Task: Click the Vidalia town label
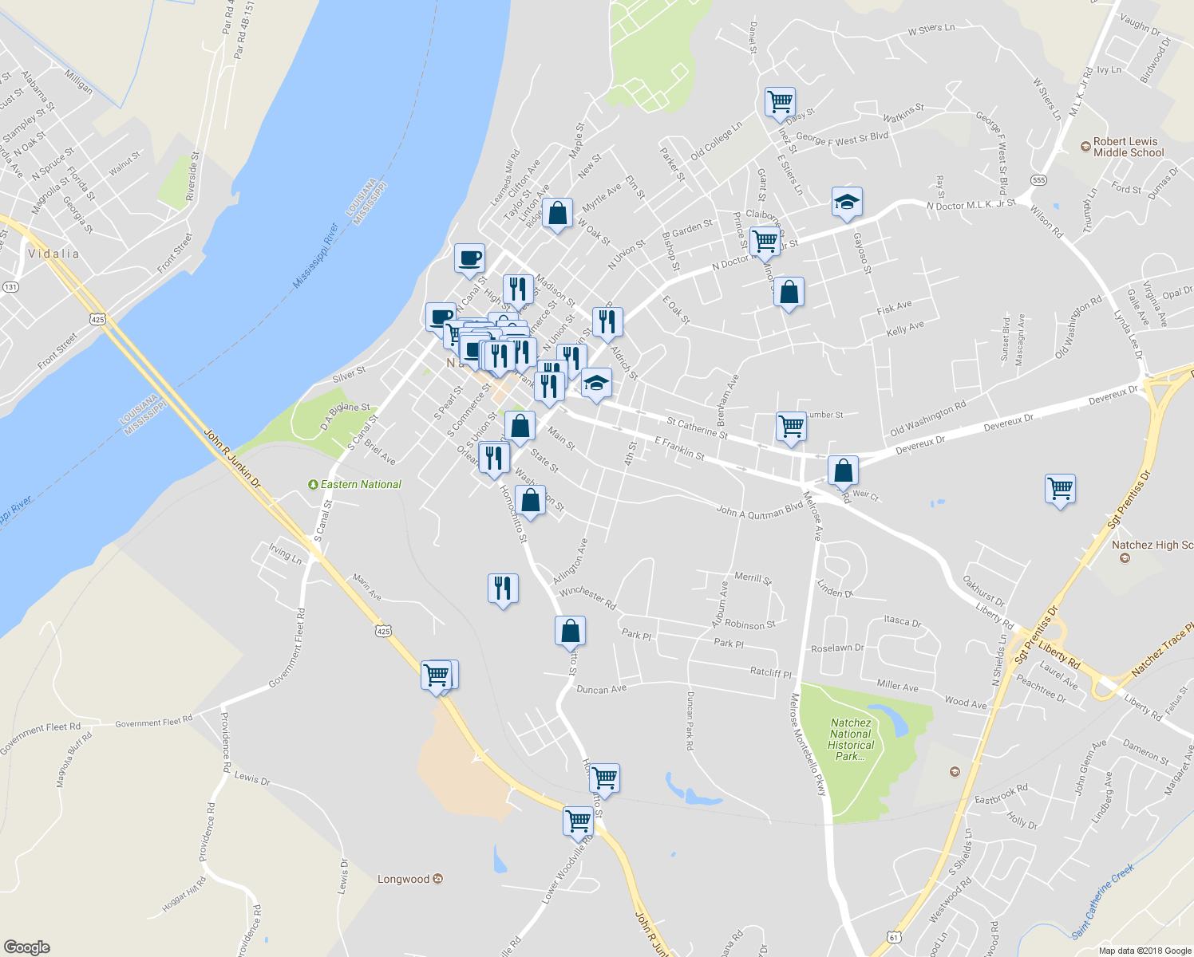point(53,254)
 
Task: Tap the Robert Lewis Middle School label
point(1128,147)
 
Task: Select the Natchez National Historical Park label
point(851,739)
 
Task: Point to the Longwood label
point(403,879)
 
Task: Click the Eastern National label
point(361,484)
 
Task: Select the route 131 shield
point(10,286)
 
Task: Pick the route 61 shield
point(893,938)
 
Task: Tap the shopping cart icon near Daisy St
point(780,102)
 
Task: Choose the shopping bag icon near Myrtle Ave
point(557,213)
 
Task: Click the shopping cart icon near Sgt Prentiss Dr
point(1060,488)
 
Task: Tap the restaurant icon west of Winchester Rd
point(503,589)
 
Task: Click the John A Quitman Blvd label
point(759,511)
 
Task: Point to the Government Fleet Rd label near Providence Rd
point(153,722)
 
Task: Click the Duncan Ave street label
point(601,689)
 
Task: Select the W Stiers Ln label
point(931,30)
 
